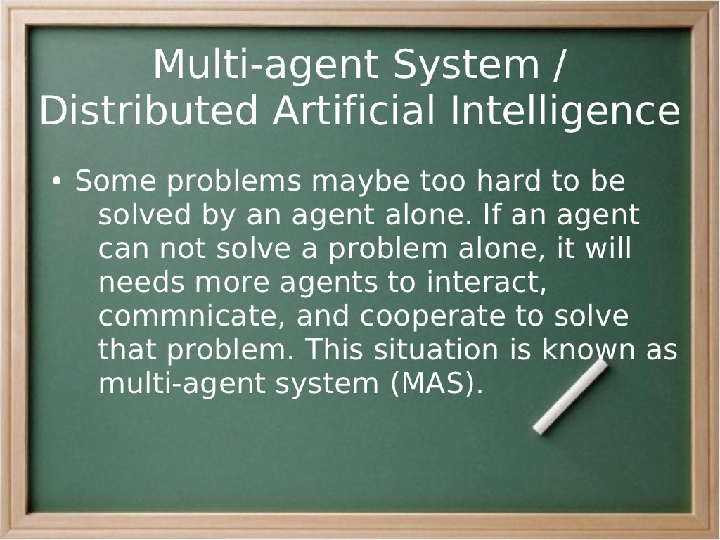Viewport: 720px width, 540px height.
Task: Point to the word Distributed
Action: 149,112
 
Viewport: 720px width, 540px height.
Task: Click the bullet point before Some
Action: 57,183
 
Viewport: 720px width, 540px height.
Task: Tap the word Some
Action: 117,181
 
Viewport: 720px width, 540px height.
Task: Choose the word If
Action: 491,215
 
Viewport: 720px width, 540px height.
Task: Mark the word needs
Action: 141,283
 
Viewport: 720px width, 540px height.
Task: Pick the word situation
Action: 437,350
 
